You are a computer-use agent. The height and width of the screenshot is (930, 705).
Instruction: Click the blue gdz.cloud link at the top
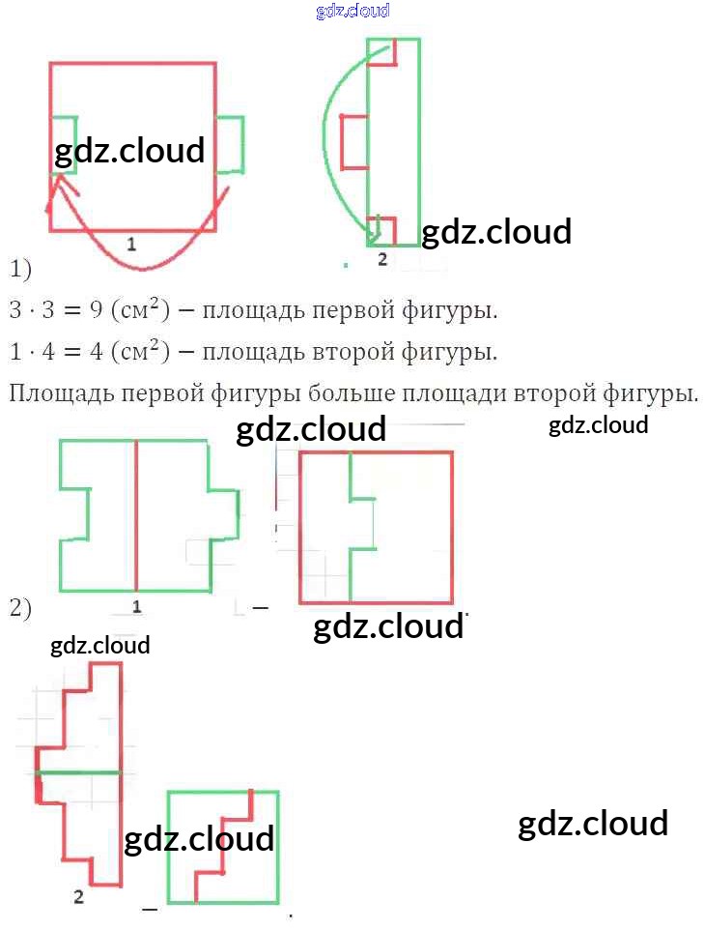tap(352, 11)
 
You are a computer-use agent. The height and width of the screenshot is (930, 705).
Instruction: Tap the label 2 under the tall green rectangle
tap(382, 259)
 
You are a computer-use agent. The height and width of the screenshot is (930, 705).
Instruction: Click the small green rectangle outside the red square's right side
tap(230, 145)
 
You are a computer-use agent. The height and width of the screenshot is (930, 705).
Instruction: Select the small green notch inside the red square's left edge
tap(64, 145)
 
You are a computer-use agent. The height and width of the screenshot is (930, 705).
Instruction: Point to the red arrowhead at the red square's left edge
tap(61, 184)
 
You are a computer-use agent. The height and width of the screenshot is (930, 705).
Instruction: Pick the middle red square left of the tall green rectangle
tap(354, 141)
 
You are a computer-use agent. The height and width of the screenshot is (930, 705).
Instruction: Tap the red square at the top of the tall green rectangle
tap(382, 53)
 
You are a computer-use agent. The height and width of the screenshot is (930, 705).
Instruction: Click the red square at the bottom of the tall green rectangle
tap(381, 230)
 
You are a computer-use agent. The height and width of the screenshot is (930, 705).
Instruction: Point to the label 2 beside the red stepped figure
tap(78, 896)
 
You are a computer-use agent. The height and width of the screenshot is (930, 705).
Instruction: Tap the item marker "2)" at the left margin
tap(20, 609)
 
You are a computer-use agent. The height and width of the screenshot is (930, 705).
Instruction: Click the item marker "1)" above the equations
tap(20, 267)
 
